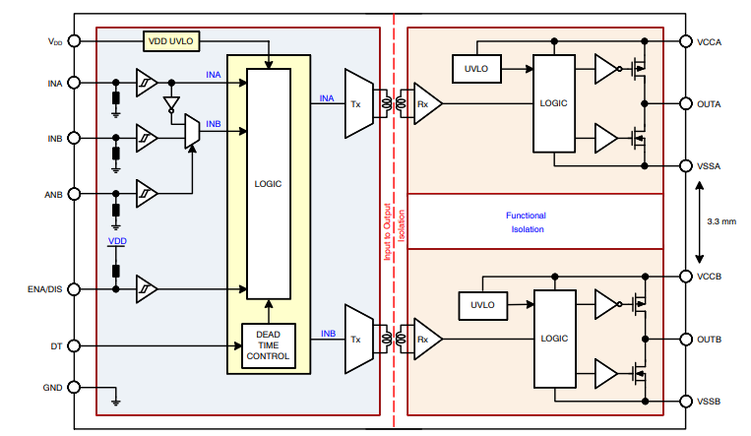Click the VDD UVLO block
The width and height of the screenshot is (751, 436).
pos(171,41)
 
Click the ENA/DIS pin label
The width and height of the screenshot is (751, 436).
pos(43,289)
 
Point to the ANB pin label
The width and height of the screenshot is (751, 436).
pos(53,194)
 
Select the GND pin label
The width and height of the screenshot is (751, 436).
pos(53,388)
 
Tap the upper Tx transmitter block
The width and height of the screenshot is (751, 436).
pos(356,103)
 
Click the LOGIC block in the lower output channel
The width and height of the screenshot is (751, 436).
pos(554,338)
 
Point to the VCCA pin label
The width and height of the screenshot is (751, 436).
pos(711,41)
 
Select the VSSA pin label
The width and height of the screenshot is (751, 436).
pos(711,166)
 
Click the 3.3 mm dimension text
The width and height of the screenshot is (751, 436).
pos(720,221)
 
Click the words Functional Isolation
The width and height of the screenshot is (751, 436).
pos(527,221)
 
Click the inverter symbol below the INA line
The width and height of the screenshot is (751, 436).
pos(172,103)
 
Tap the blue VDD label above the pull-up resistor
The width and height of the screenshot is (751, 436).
pos(117,241)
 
